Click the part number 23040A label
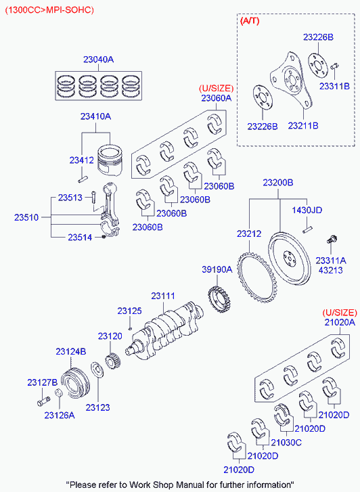pos(98,60)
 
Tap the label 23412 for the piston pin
pos(81,160)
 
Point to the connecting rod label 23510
pos(27,218)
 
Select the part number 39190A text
pos(217,269)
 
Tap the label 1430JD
pos(307,210)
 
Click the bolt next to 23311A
pos(332,240)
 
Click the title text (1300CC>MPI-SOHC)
pos(48,9)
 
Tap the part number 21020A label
pos(338,323)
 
